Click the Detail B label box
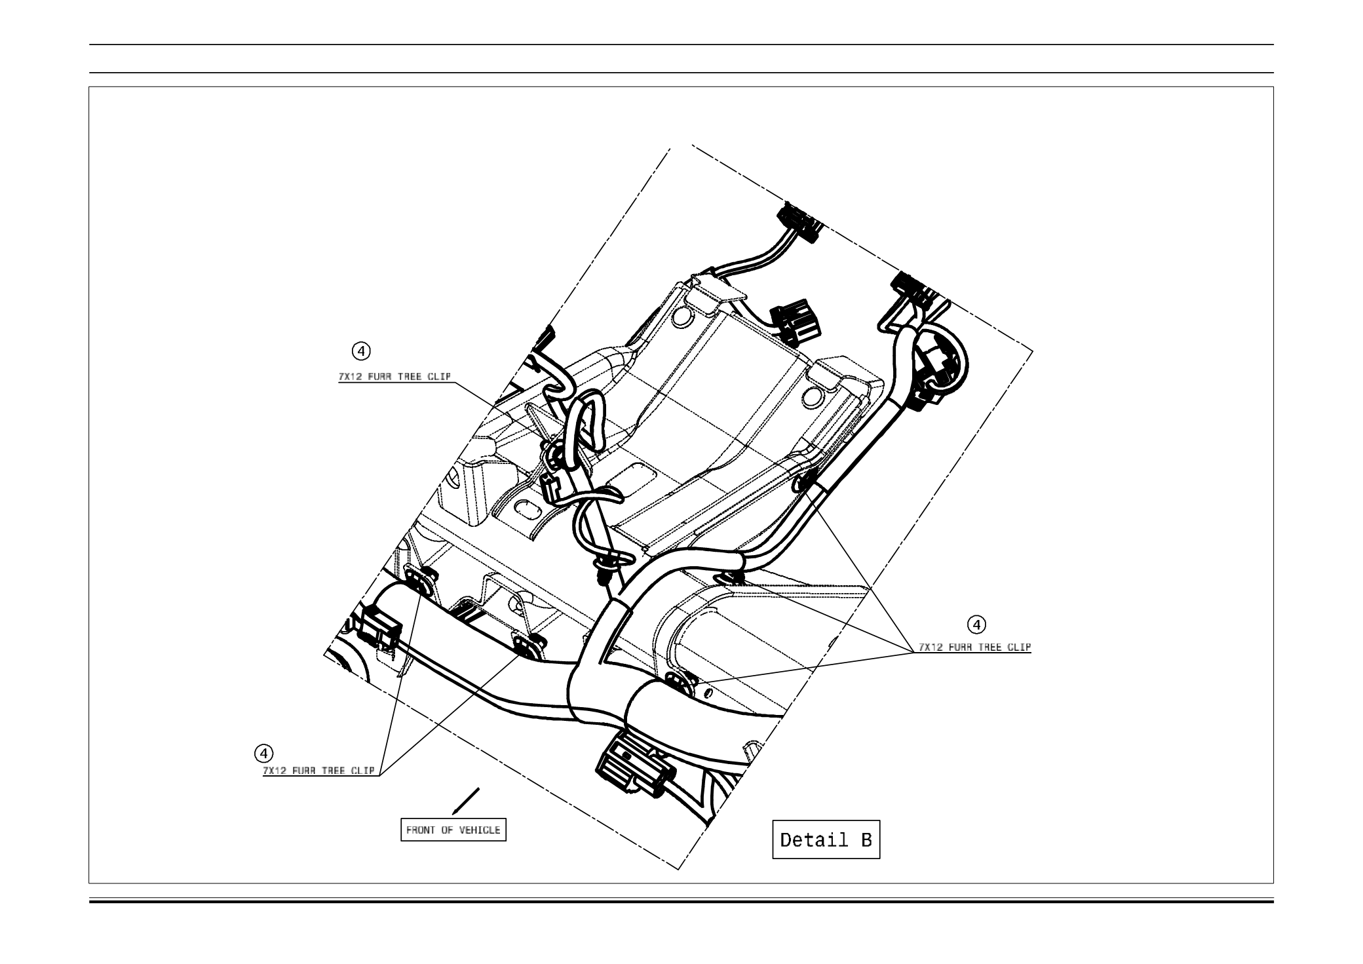click(x=826, y=839)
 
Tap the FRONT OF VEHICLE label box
click(x=453, y=830)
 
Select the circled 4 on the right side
click(x=977, y=625)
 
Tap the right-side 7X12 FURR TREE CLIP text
click(x=974, y=647)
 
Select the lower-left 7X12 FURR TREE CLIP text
click(x=318, y=771)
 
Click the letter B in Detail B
click(x=866, y=839)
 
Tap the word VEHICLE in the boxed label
click(x=480, y=830)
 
